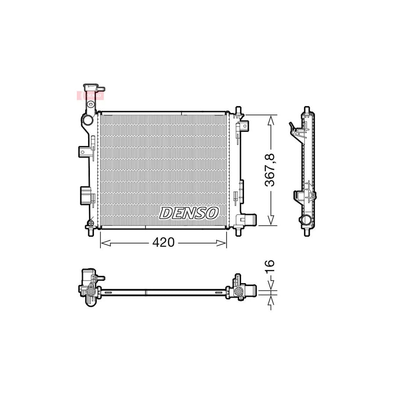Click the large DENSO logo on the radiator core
[x=188, y=213]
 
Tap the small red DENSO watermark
[x=90, y=94]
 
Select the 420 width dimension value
[x=164, y=242]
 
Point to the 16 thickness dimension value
[x=270, y=266]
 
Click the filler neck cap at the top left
[x=91, y=87]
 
